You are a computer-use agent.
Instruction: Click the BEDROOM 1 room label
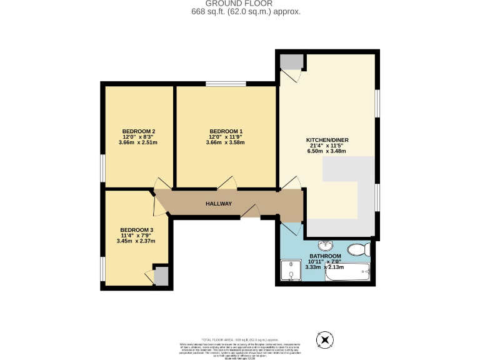226,131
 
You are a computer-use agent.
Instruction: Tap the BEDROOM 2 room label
137,131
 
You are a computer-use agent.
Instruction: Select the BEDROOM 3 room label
136,229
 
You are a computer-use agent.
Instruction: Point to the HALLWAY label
219,204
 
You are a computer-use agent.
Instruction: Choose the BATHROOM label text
326,256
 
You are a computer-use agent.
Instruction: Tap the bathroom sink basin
326,245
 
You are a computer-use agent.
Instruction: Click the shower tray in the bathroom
291,272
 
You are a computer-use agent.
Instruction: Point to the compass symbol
325,341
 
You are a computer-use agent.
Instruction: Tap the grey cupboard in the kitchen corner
291,61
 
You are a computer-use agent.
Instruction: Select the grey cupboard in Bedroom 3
161,276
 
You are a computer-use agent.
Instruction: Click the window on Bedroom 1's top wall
226,84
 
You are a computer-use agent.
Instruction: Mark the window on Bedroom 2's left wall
103,168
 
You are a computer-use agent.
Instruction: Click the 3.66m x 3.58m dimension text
226,142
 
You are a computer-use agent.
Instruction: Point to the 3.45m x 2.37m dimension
136,241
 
